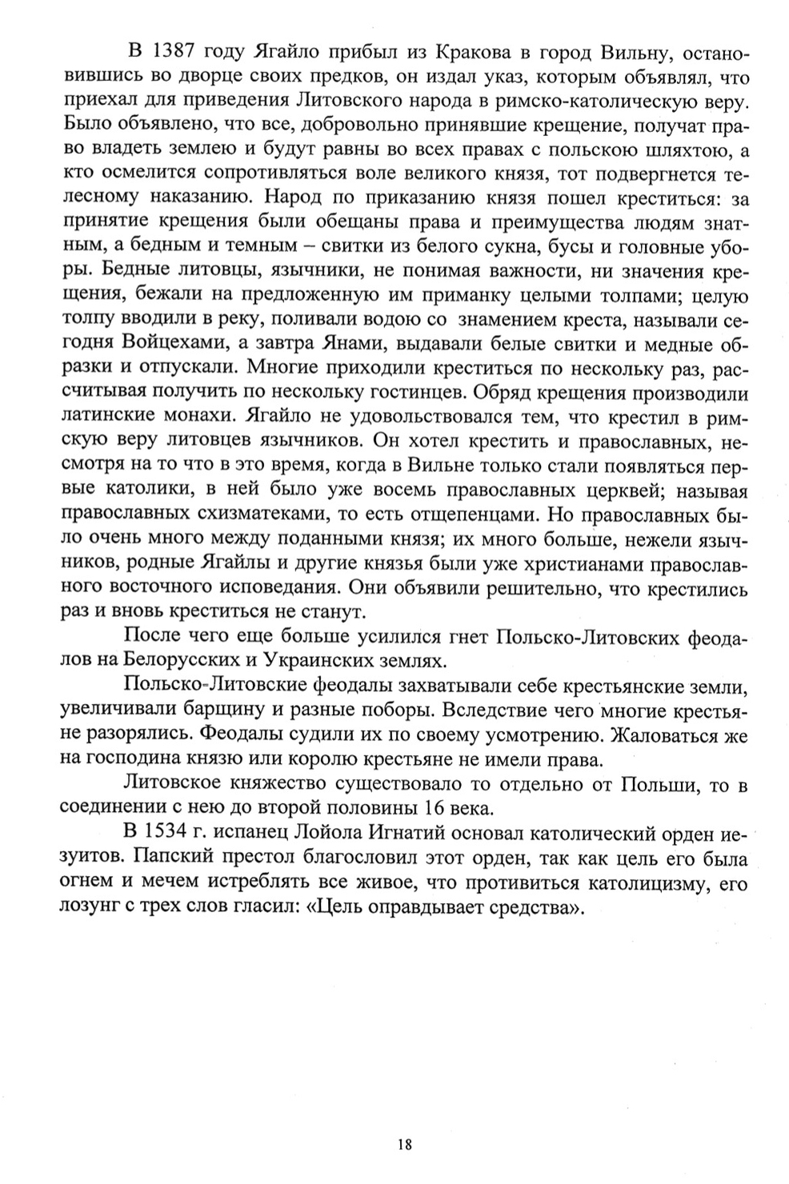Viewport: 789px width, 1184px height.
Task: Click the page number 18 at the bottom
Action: (x=404, y=1146)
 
